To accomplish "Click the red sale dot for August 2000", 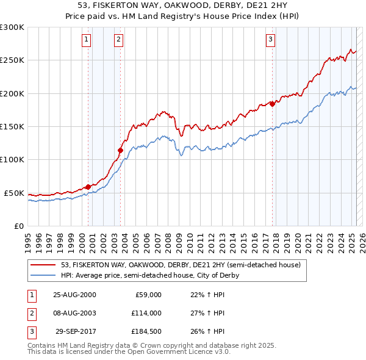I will click(88, 187).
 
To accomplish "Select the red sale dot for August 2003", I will click(121, 150).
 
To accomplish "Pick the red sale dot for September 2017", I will click(273, 104).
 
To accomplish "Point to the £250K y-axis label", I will click(12, 60).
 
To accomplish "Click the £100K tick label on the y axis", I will click(12, 159).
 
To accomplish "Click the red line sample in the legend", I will click(44, 265).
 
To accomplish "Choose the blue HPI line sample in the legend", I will click(44, 275).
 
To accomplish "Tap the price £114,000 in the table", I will click(146, 313).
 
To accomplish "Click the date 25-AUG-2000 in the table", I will click(74, 295).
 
